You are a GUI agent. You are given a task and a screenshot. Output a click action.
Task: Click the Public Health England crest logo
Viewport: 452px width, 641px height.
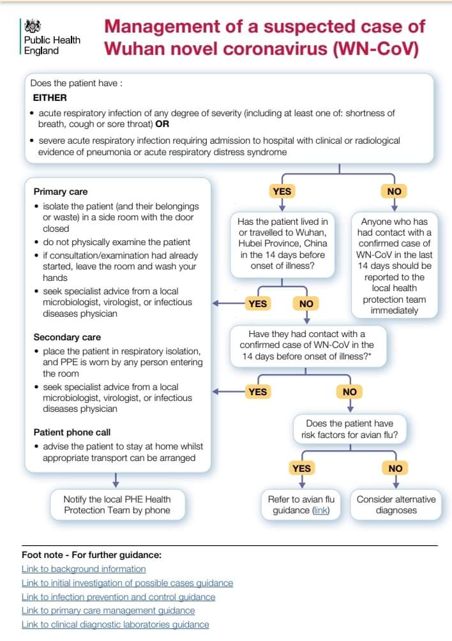(33, 27)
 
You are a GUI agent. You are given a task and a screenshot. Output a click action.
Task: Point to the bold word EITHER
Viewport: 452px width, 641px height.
(50, 98)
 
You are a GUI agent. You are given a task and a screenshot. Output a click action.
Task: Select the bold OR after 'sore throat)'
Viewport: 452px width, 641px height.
(162, 124)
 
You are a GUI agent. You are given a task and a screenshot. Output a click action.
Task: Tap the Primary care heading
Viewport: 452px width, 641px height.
(61, 192)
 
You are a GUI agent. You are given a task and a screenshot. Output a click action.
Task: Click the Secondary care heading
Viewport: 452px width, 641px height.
(67, 337)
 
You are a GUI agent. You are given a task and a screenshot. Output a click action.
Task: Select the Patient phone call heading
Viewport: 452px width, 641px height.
(72, 432)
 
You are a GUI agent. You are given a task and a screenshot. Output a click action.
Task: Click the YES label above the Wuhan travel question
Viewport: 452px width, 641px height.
(282, 191)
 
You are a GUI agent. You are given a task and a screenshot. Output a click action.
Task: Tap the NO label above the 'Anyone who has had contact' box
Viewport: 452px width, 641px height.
(395, 191)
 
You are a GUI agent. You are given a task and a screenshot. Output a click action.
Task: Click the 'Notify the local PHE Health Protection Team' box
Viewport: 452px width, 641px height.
(117, 504)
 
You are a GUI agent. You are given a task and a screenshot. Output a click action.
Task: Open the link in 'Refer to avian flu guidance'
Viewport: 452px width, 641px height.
(320, 510)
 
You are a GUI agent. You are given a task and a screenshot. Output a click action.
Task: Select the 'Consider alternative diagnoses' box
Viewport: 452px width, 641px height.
(396, 504)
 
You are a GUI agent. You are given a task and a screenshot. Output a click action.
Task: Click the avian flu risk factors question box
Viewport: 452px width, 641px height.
(349, 429)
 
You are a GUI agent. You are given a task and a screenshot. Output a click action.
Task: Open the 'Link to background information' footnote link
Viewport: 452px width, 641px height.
(84, 569)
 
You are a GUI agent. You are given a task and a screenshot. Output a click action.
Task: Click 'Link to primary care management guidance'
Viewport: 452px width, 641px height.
(108, 610)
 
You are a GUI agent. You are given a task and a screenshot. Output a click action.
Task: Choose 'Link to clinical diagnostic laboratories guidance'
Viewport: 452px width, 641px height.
(115, 624)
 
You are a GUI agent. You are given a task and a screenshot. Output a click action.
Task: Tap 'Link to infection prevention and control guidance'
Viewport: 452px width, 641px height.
(118, 597)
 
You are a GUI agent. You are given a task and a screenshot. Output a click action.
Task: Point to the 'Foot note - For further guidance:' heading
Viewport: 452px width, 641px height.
(91, 554)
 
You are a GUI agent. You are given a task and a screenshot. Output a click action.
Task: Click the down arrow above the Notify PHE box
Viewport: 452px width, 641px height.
(115, 480)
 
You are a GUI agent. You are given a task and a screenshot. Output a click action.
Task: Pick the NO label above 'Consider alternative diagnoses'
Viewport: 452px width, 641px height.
(395, 469)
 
